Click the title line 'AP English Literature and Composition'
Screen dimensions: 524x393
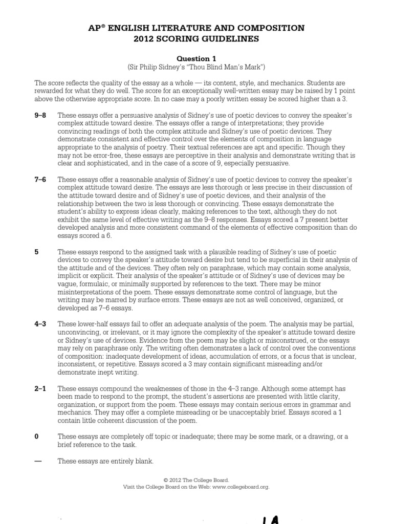(x=196, y=28)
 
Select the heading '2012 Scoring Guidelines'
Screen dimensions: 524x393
(x=196, y=39)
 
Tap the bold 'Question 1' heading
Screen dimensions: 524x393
(x=196, y=59)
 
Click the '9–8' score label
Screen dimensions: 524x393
(x=40, y=116)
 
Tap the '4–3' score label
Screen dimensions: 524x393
(x=40, y=324)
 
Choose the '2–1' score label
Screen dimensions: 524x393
(x=40, y=389)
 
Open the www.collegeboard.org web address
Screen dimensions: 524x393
(x=241, y=487)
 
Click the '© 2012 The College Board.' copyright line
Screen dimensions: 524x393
(x=196, y=481)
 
